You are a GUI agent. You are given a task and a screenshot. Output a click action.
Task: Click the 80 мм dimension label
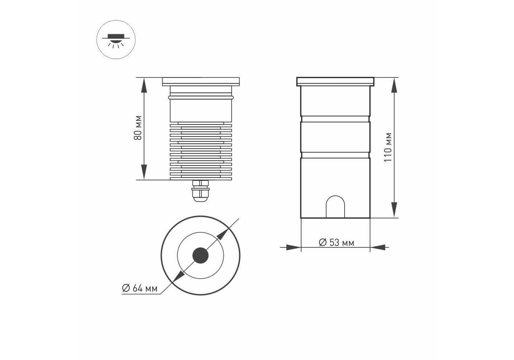pos(138,128)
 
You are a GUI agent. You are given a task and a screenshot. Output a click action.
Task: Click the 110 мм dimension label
pos(388,147)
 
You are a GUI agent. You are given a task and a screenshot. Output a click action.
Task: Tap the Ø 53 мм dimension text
pos(336,243)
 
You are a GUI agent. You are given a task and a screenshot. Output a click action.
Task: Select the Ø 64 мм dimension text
pos(140,288)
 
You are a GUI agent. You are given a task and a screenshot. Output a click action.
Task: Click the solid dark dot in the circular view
pos(200,255)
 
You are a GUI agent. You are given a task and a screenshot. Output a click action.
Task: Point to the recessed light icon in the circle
pos(116,40)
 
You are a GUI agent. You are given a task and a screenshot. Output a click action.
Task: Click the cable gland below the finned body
pos(200,191)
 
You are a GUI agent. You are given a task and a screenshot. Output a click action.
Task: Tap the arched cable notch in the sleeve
pos(335,206)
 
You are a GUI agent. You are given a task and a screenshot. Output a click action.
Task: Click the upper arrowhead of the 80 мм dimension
pos(144,85)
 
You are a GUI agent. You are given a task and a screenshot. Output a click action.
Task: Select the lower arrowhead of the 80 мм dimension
pos(144,172)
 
